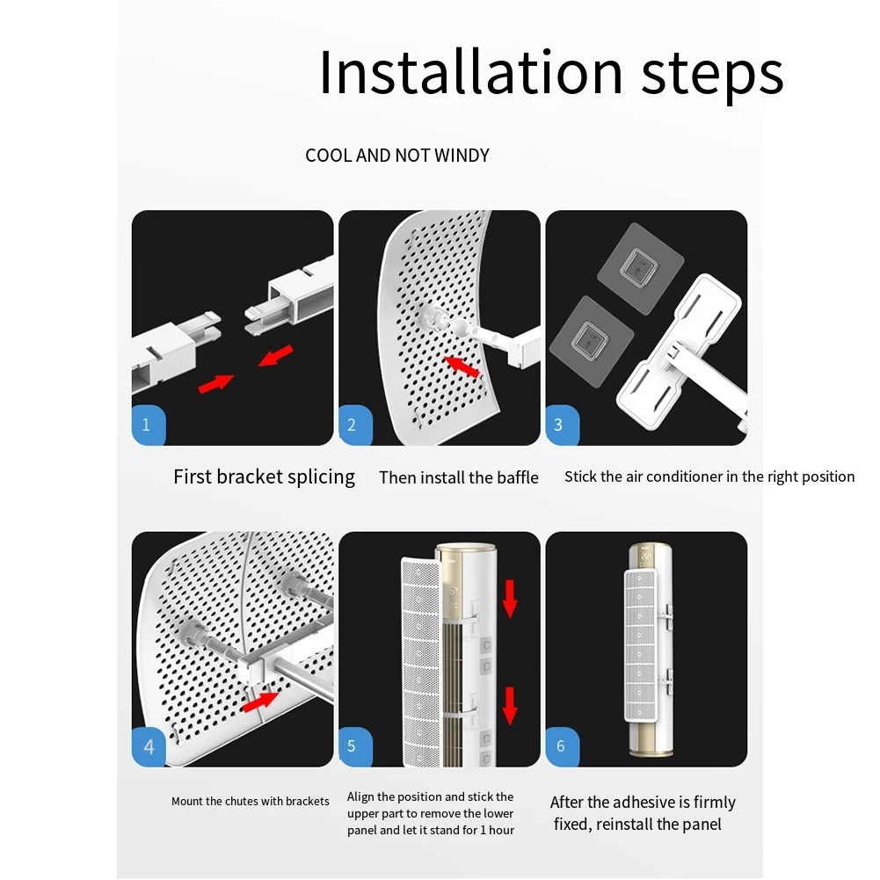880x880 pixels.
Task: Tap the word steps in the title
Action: point(712,76)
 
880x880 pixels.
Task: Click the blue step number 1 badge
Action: point(149,425)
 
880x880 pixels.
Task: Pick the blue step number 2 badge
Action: point(355,425)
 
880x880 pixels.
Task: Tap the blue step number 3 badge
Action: point(563,425)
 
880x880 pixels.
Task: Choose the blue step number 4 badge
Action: point(149,746)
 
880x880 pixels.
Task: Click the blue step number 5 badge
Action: point(355,746)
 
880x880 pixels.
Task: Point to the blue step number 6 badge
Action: point(563,746)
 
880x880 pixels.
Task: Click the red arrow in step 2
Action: point(462,366)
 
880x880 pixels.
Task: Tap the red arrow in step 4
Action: point(260,702)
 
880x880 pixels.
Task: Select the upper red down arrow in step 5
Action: point(510,599)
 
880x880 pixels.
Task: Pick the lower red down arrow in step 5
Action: point(510,706)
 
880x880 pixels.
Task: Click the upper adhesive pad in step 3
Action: point(640,268)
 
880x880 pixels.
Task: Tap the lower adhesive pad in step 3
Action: point(592,342)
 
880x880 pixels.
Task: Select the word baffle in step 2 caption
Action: point(518,477)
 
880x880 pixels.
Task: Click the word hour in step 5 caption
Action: point(501,830)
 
